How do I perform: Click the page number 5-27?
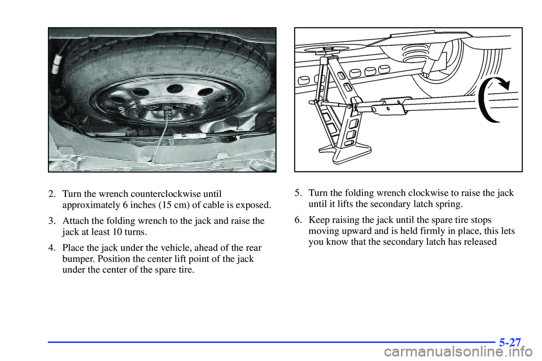click(x=510, y=341)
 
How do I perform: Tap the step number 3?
click(x=51, y=221)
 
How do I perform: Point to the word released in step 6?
click(x=479, y=241)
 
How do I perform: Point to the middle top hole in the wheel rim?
click(x=175, y=89)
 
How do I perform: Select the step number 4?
click(x=51, y=248)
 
